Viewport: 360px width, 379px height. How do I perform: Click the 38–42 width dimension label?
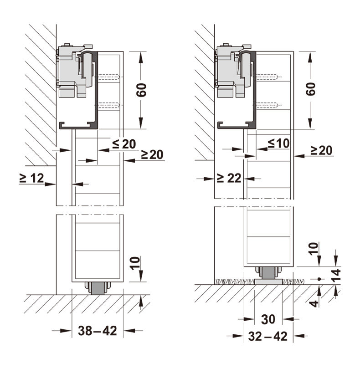tap(97, 330)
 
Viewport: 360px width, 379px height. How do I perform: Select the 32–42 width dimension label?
tap(268, 336)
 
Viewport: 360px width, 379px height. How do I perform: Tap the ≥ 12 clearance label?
tap(32, 178)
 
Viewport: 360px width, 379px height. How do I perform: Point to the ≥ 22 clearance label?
tap(229, 178)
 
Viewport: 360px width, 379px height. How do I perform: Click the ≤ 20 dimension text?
tap(124, 144)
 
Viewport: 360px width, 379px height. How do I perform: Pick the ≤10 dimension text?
tap(279, 143)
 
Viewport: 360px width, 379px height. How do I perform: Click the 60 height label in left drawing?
tap(142, 90)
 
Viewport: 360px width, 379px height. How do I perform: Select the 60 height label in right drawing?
tap(311, 89)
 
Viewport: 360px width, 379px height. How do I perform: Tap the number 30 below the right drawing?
tap(268, 319)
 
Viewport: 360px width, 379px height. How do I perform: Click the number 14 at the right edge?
tap(336, 275)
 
